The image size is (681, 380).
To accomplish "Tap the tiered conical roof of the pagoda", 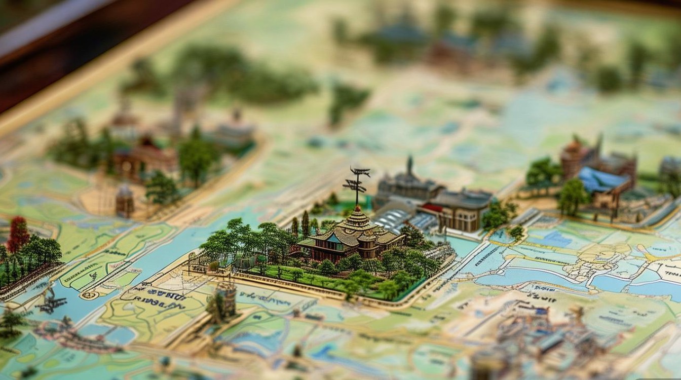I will tap(356, 219).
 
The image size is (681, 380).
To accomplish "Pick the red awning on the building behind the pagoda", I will tap(432, 208).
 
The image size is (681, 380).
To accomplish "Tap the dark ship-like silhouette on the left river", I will tap(51, 303).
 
